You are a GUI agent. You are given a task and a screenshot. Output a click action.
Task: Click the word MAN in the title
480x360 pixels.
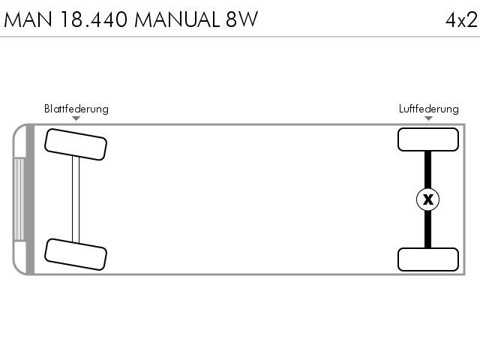point(28,19)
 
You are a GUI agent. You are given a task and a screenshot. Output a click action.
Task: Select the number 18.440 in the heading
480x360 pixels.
point(94,19)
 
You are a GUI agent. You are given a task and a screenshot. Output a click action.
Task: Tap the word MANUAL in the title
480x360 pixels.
point(177,19)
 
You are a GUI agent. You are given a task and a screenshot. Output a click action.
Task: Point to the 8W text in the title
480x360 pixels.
point(241,19)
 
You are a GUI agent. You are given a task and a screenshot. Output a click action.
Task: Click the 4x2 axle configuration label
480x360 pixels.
point(461,20)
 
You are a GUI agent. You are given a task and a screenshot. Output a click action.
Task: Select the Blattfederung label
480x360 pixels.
point(76,109)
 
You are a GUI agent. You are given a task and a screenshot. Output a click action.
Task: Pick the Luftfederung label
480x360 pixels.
point(428,109)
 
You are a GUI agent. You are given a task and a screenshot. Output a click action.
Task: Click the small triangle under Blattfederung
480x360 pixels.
point(76,118)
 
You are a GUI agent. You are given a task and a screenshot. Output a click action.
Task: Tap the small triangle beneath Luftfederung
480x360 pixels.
point(428,118)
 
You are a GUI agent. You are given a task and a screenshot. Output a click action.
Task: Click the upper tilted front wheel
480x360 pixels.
point(76,144)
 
